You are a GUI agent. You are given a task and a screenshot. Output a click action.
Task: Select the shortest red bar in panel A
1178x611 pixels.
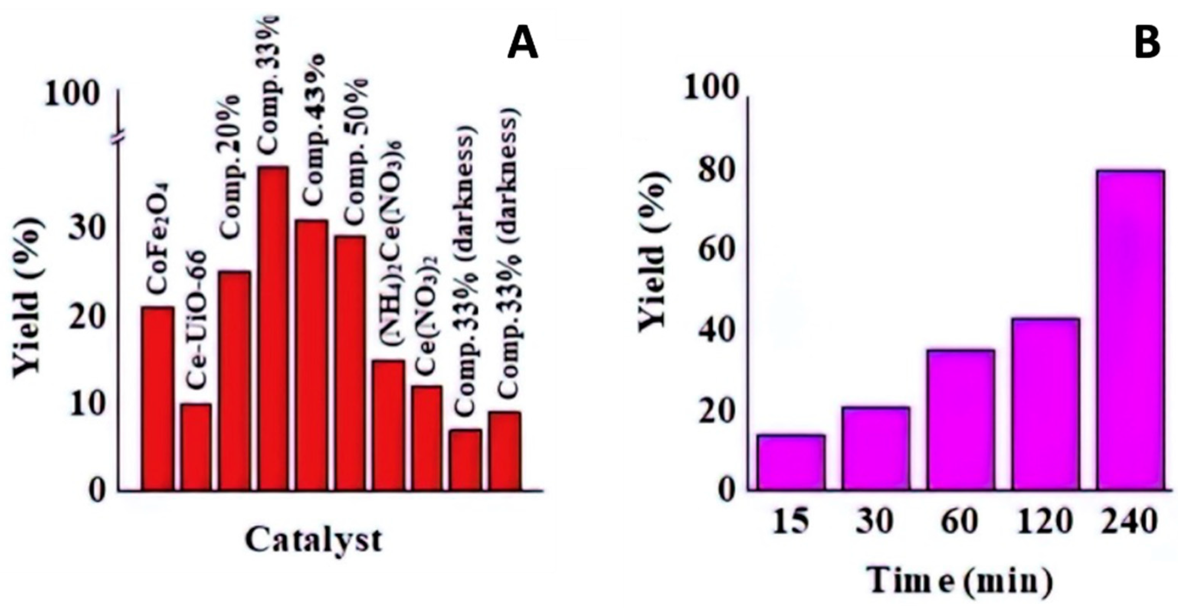465,460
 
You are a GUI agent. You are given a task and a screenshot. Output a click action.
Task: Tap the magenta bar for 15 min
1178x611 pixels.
791,462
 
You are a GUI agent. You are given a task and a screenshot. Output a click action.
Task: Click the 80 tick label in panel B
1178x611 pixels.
717,172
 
